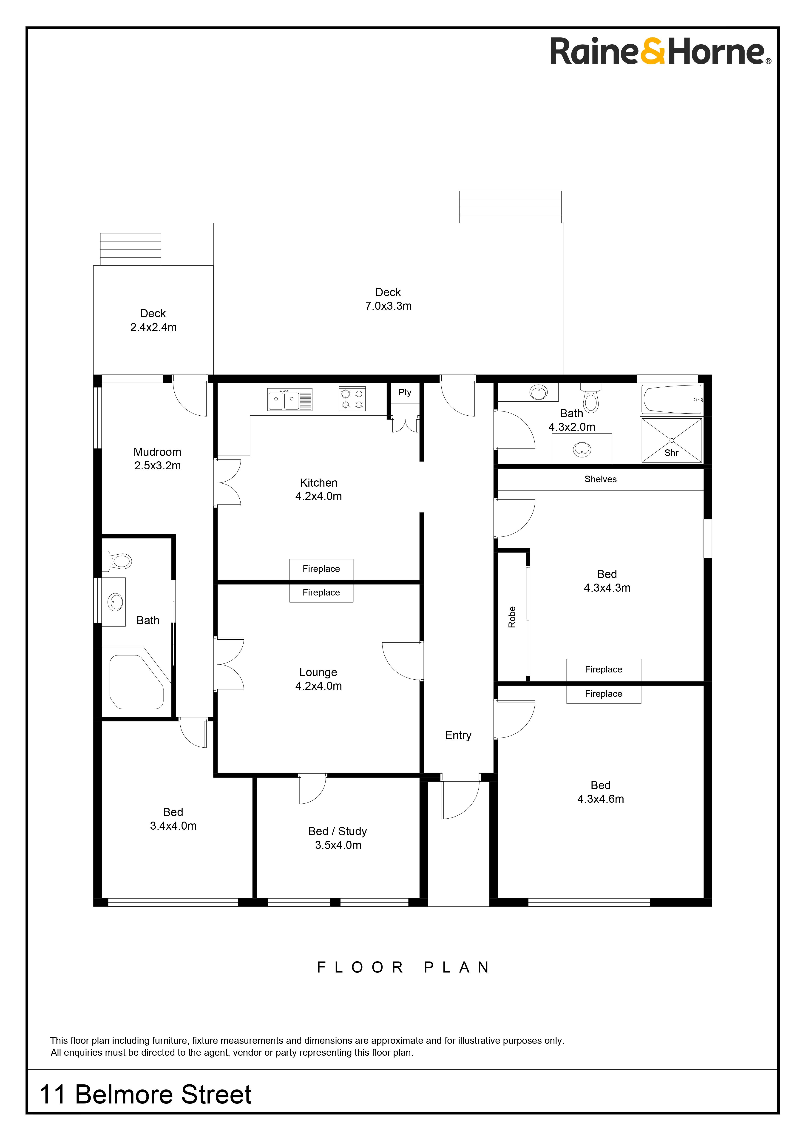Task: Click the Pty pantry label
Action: [405, 392]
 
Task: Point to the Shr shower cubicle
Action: [671, 440]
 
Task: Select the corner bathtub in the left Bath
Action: [136, 682]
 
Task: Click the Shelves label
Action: [600, 479]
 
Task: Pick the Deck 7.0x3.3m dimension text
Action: [388, 306]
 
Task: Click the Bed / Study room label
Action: [338, 831]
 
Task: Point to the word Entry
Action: [458, 735]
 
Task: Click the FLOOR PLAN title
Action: [403, 967]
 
